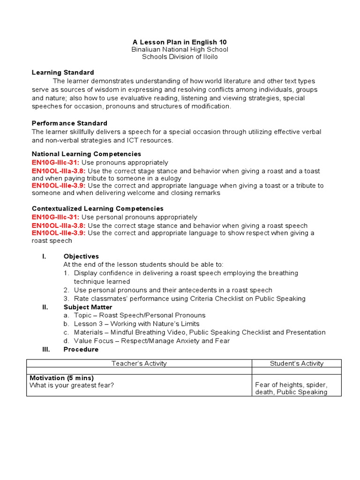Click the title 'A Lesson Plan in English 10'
(180, 42)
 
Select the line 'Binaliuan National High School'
(180, 49)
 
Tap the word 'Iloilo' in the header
(208, 57)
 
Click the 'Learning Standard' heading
(63, 73)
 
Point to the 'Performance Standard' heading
(69, 123)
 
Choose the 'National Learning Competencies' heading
(86, 154)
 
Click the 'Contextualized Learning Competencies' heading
(97, 209)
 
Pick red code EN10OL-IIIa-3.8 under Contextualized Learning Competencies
(59, 225)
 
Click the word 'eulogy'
(171, 178)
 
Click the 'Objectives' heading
(81, 256)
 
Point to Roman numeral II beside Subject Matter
(45, 307)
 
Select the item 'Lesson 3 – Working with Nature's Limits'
(136, 324)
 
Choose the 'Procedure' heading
(81, 349)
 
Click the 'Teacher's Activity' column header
(139, 363)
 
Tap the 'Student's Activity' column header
(297, 363)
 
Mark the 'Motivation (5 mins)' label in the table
(61, 378)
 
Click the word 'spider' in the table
(317, 385)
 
